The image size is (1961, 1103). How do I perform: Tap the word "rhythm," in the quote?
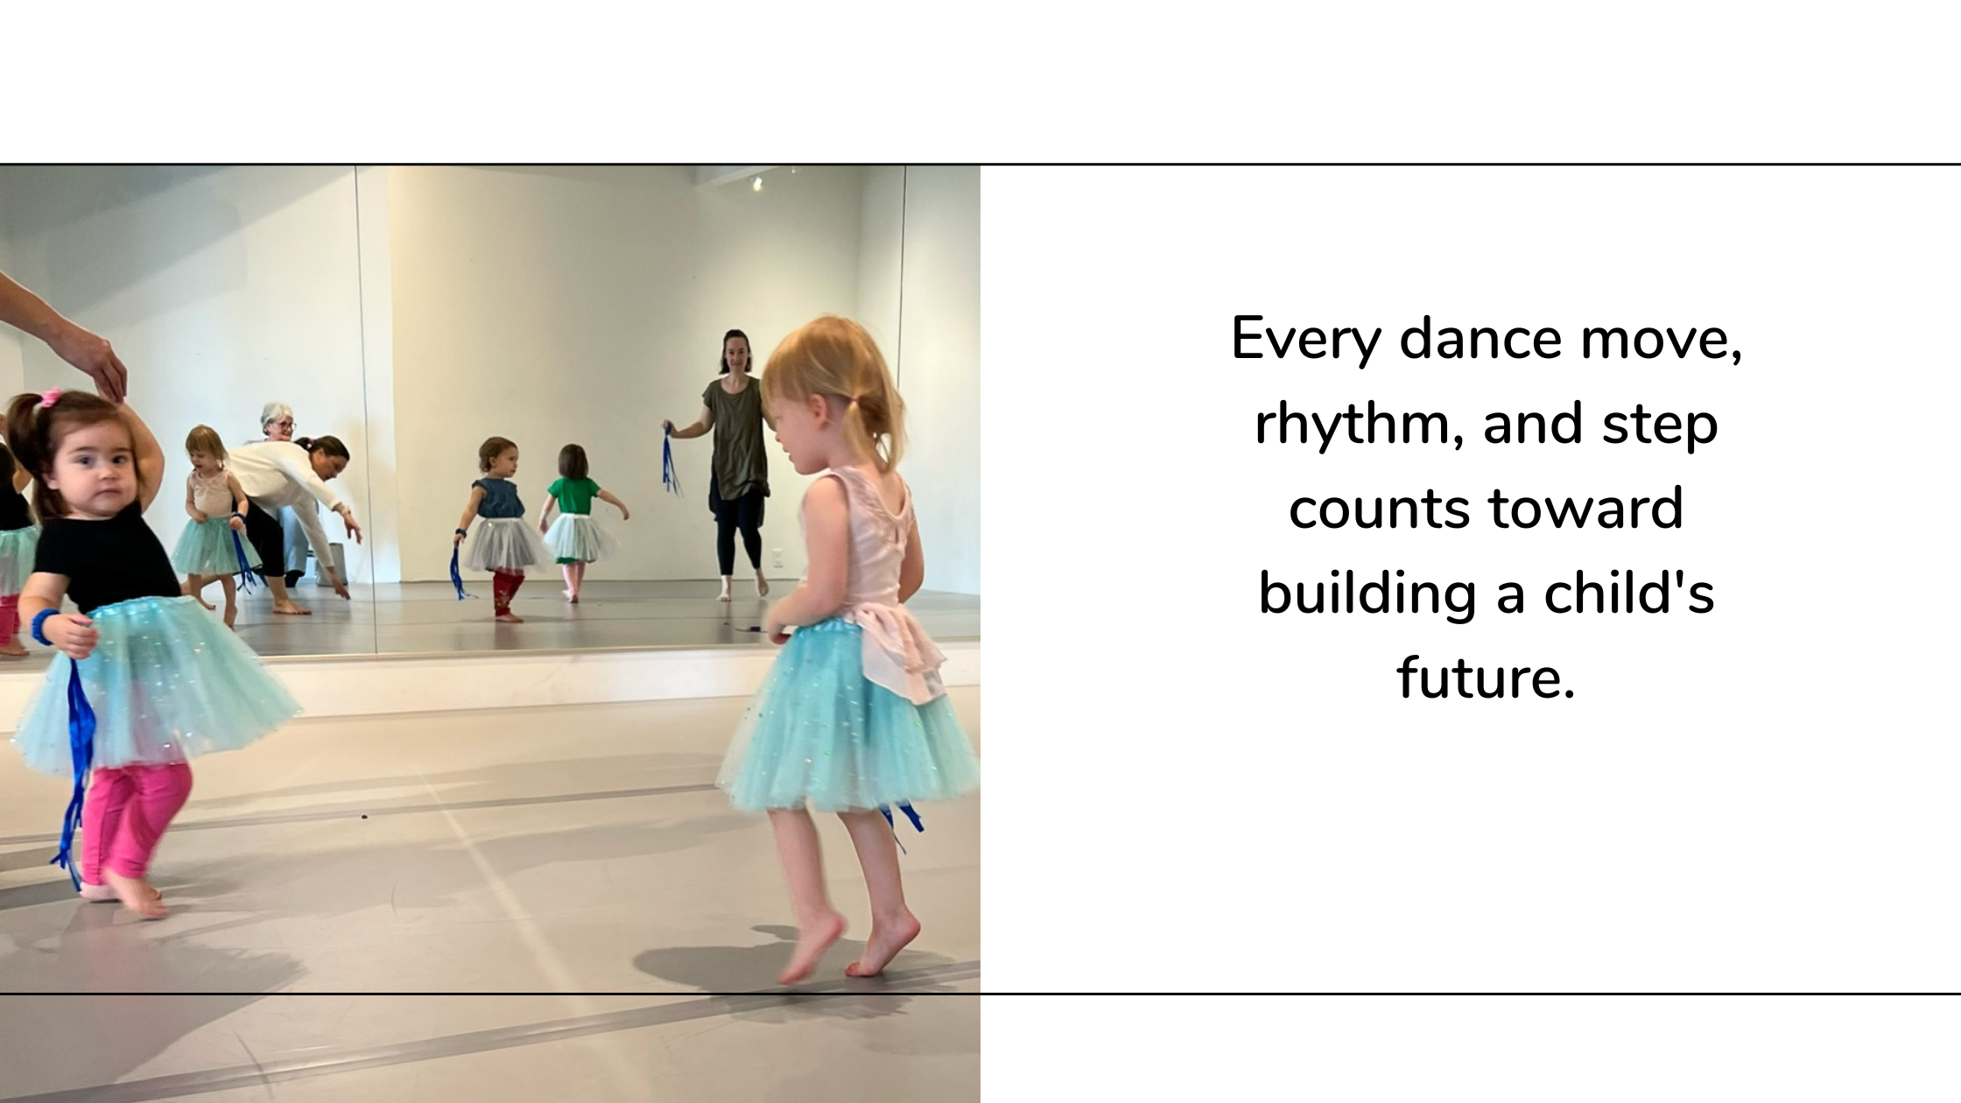tap(1356, 424)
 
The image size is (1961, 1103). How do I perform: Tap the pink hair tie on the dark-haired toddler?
tap(51, 398)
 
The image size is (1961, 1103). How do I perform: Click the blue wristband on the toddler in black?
tap(43, 627)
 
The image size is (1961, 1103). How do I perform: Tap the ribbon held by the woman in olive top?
tap(671, 460)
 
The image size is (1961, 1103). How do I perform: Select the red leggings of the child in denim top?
tap(507, 593)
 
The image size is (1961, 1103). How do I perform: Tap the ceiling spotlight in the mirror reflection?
tap(756, 183)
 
